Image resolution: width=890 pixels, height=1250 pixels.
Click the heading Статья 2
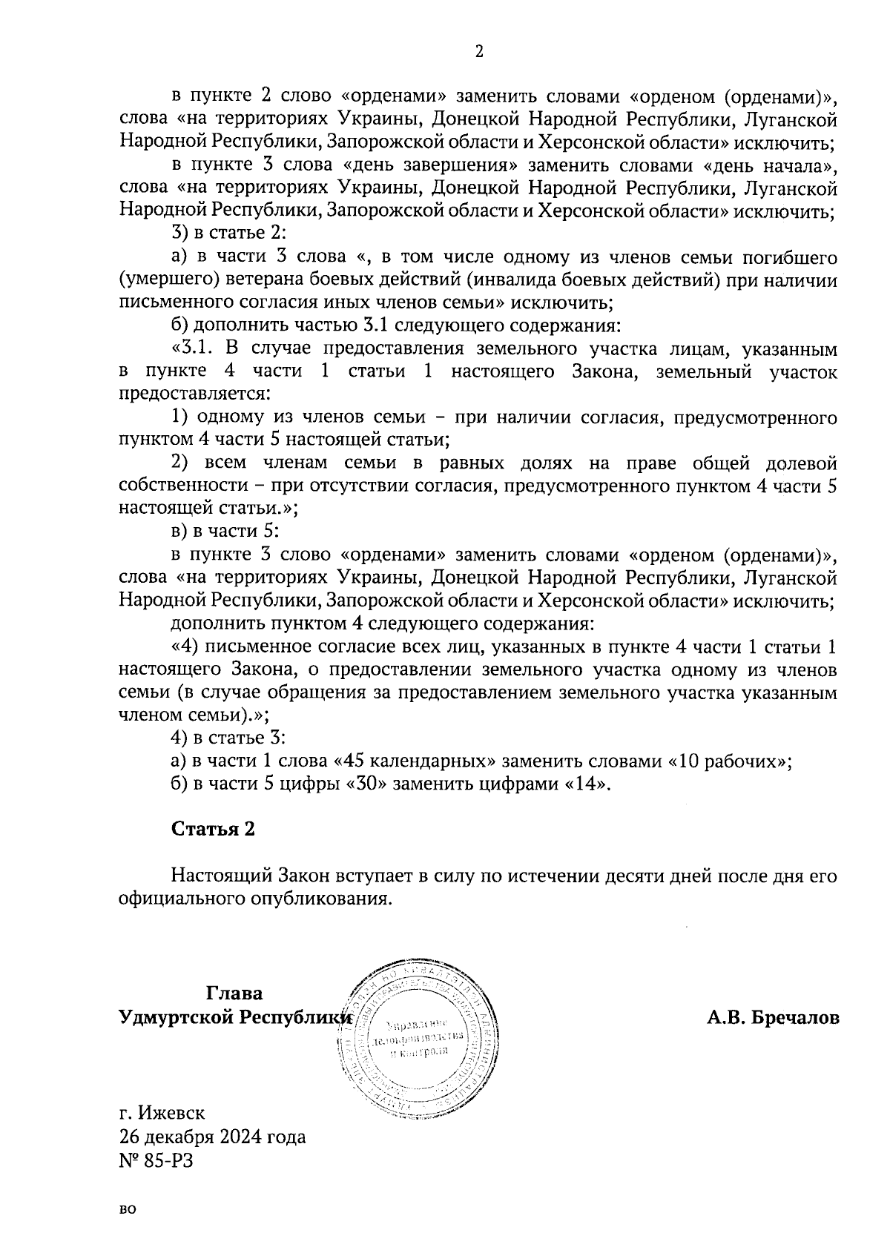pos(213,829)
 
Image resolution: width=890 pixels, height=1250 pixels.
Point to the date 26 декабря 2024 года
pos(212,1137)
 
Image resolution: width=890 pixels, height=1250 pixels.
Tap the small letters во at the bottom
pos(128,1209)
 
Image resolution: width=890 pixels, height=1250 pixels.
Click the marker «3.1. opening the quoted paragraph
pos(194,348)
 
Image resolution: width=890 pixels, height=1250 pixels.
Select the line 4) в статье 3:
pos(228,738)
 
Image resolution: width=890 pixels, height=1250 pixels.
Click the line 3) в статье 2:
pos(228,234)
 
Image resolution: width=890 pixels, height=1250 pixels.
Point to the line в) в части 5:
pos(224,532)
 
